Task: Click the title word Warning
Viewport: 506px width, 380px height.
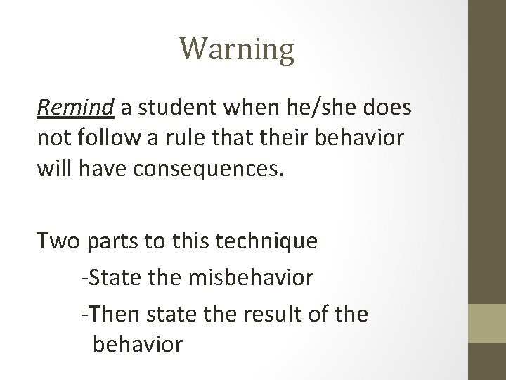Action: tap(236, 50)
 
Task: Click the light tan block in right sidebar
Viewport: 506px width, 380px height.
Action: tap(488, 324)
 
